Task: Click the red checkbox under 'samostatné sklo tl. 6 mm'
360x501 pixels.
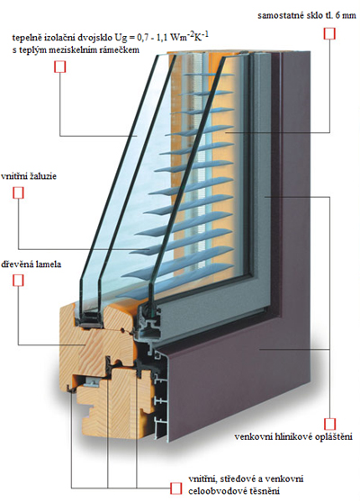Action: pos(329,33)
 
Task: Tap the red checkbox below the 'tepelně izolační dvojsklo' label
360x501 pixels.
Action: pos(59,67)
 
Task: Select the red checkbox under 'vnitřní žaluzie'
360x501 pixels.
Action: pos(18,193)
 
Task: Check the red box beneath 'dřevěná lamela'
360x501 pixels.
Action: pos(18,281)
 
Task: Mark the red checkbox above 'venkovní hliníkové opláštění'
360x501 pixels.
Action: pos(329,424)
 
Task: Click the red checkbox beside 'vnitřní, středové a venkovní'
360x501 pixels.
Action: pos(175,488)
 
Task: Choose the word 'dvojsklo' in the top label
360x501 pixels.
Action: pos(95,38)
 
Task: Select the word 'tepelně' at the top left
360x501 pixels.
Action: pos(26,38)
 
